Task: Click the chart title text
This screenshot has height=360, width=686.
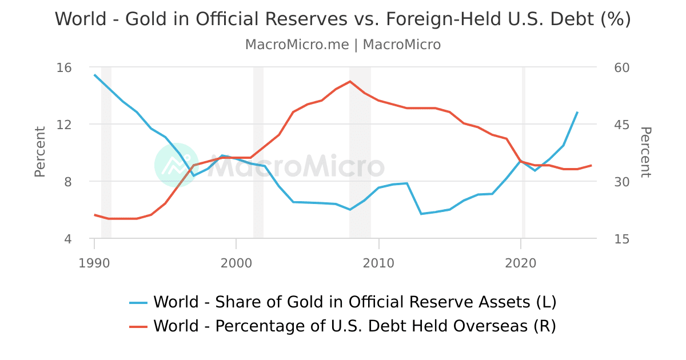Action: click(343, 19)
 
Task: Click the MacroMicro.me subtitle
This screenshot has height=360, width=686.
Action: click(343, 45)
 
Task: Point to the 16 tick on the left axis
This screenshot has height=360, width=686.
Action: click(65, 67)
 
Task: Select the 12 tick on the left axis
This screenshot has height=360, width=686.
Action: click(65, 125)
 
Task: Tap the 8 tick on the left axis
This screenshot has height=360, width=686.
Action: click(67, 182)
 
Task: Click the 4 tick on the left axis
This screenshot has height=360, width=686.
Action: click(67, 239)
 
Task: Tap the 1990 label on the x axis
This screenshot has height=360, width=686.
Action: click(94, 263)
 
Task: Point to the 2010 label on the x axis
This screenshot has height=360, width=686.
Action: click(378, 263)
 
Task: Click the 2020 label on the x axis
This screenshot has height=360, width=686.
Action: click(521, 263)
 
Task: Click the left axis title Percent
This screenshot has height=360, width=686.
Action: click(39, 152)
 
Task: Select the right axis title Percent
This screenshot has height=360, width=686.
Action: click(645, 152)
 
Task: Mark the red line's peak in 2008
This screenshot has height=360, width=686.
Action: click(350, 81)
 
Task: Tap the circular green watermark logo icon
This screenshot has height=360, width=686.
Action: click(177, 165)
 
